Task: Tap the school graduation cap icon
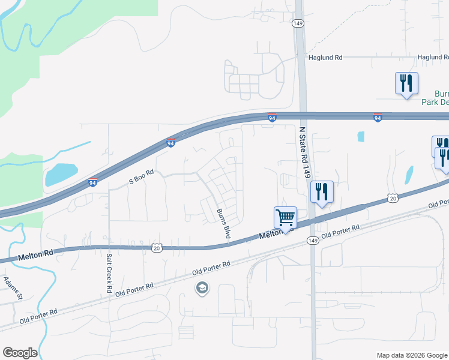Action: (203, 289)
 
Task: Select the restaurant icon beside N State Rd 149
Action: (322, 192)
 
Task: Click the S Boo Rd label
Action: (142, 176)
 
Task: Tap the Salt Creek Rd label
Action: (109, 273)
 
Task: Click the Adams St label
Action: (13, 287)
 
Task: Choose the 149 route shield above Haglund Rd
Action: (298, 23)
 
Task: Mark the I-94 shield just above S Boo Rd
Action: (171, 143)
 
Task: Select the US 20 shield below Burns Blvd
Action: (157, 247)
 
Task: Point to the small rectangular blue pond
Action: (361, 136)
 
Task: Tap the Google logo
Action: (20, 353)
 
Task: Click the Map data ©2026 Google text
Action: (411, 355)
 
